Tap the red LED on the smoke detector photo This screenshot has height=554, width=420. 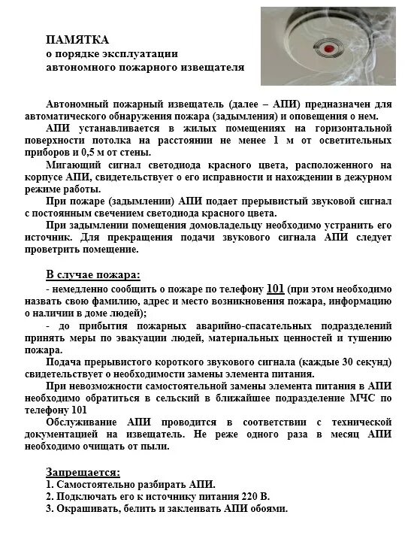point(328,47)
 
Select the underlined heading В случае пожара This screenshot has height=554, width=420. point(93,273)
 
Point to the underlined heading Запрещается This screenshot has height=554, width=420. point(83,472)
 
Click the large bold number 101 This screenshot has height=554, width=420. point(275,288)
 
